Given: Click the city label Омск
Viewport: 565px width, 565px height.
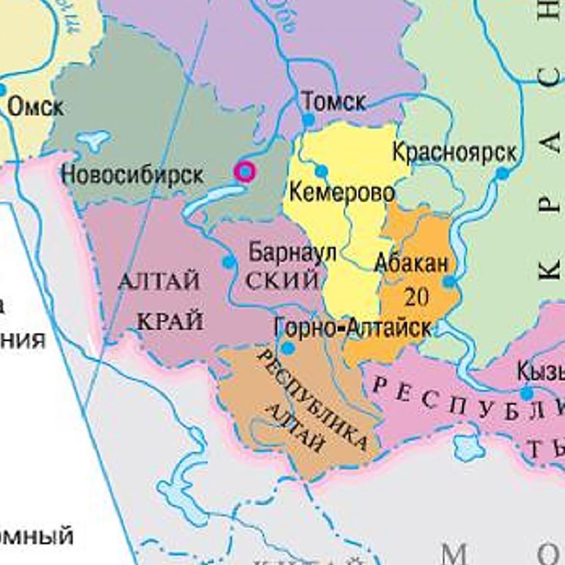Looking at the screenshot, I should click(x=36, y=107).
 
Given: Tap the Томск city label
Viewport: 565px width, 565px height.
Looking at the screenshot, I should click(x=334, y=102).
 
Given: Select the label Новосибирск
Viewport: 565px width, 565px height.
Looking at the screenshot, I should click(x=132, y=174).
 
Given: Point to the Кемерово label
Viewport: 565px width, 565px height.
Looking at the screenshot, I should click(x=341, y=192).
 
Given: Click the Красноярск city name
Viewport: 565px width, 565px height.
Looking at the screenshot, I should click(x=454, y=152).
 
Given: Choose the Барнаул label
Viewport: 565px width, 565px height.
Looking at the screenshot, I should click(x=292, y=252).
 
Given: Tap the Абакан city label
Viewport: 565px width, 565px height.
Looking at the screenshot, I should click(x=412, y=264).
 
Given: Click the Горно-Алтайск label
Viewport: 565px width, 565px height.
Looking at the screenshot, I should click(x=353, y=327).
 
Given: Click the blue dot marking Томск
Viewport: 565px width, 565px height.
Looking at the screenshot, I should click(x=308, y=120).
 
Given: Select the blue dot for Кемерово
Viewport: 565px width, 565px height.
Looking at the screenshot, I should click(x=321, y=171).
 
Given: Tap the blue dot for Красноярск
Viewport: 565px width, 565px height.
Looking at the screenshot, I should click(x=502, y=173).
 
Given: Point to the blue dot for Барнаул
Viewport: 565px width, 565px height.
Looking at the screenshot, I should click(x=229, y=262).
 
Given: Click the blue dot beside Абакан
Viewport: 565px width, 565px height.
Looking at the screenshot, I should click(x=449, y=281).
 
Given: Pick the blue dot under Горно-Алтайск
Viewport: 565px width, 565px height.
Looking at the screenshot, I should click(x=288, y=348).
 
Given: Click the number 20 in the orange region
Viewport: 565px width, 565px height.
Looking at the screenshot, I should click(x=416, y=297).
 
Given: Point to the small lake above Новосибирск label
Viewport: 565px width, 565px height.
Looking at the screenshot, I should click(x=93, y=139).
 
